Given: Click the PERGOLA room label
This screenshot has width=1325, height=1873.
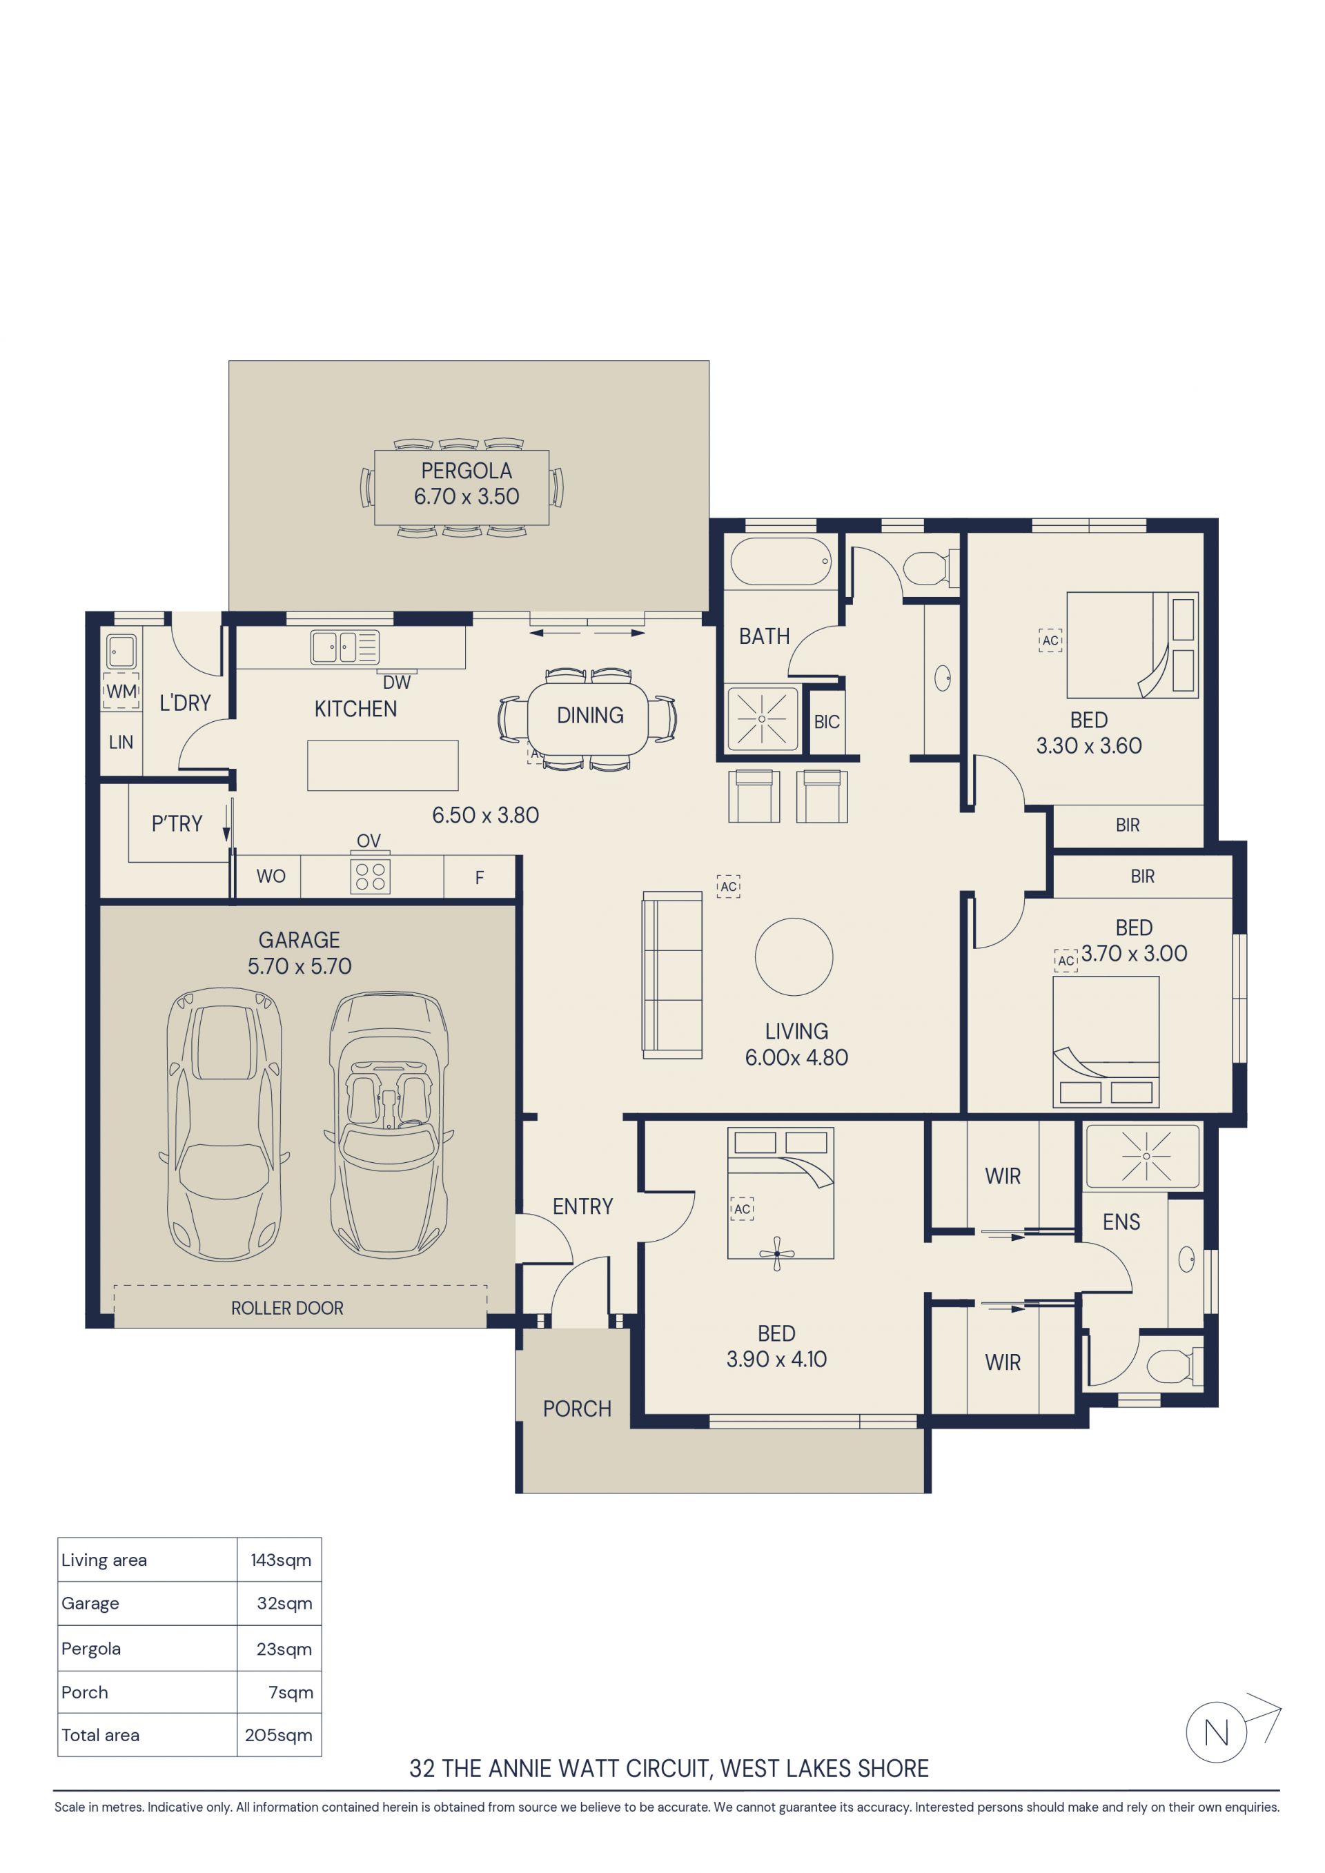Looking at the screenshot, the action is click(466, 471).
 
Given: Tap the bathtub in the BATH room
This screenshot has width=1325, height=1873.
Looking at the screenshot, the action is click(781, 561).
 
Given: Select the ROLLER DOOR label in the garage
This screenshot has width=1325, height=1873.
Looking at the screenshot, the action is click(287, 1308).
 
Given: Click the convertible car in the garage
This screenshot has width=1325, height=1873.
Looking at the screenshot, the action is click(389, 1126).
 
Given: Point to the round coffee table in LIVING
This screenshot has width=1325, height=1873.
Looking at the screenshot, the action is click(794, 957).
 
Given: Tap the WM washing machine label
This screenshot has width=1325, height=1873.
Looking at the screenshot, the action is click(121, 692).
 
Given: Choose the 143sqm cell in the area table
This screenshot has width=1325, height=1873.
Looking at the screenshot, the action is click(281, 1560).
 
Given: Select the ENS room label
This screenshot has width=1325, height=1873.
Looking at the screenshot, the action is click(1121, 1222).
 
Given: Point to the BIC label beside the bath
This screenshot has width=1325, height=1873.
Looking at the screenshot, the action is click(827, 722).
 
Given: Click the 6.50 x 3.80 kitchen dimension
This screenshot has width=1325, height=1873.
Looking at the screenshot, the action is click(485, 815).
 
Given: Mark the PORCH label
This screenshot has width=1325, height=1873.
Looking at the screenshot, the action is click(577, 1409).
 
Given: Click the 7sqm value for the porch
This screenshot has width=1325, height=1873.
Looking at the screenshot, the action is click(291, 1693).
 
